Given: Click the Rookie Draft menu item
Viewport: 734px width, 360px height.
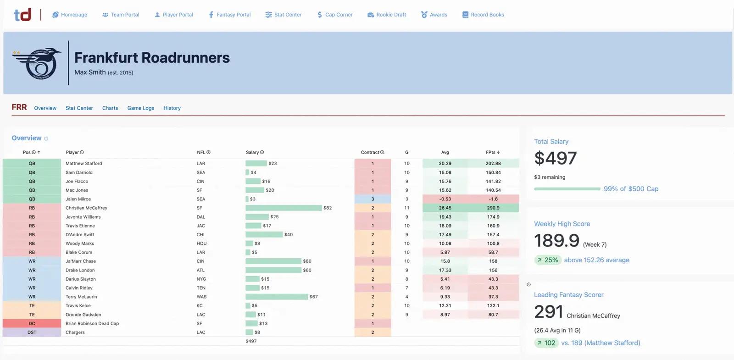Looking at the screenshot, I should click(x=387, y=15).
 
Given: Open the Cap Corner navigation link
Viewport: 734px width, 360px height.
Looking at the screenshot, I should click(x=335, y=15).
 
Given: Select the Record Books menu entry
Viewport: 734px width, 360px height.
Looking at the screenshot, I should click(x=483, y=15).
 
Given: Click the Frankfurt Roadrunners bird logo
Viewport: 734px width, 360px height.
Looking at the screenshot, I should click(x=37, y=63).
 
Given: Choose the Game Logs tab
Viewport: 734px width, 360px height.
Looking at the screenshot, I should click(x=140, y=108).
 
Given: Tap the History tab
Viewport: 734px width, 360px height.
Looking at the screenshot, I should click(x=172, y=108).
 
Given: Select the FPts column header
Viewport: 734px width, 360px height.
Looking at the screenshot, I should click(x=492, y=152).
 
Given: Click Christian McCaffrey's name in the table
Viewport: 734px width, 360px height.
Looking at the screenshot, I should click(x=86, y=208).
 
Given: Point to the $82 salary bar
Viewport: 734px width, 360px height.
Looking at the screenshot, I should click(x=284, y=208).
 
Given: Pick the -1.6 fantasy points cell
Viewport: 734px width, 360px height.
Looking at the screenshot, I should click(x=493, y=199).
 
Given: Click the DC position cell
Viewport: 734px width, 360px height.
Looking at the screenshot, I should click(x=32, y=323).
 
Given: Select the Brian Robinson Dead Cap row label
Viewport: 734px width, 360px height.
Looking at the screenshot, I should click(x=92, y=323).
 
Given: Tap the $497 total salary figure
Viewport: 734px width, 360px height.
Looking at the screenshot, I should click(x=555, y=158).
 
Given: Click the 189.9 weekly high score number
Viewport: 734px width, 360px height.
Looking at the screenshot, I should click(x=556, y=240).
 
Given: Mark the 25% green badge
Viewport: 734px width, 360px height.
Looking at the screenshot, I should click(x=548, y=260).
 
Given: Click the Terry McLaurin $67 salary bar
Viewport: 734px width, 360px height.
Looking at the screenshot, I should click(x=277, y=297).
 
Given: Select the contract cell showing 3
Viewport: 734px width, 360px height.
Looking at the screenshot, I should click(x=373, y=199).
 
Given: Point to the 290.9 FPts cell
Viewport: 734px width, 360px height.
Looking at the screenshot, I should click(x=493, y=208).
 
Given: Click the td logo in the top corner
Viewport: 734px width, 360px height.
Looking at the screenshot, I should click(x=22, y=15).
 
